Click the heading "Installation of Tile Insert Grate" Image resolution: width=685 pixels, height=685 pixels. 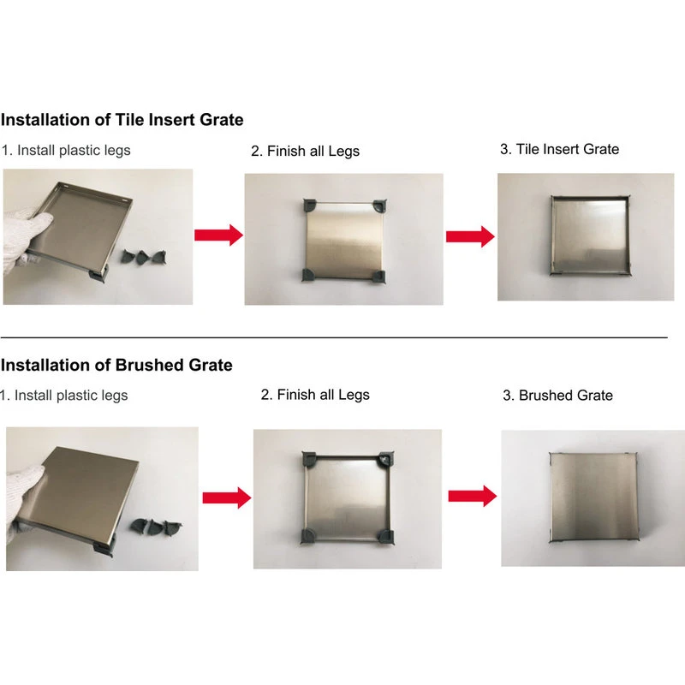point(122,120)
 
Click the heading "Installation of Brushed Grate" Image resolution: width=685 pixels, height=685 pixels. point(116,365)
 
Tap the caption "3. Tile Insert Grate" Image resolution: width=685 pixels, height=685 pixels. point(560,149)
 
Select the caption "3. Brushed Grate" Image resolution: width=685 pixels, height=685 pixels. point(558,395)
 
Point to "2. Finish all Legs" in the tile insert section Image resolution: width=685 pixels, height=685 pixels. point(306,152)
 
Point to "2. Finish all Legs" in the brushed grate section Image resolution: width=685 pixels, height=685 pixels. point(315,395)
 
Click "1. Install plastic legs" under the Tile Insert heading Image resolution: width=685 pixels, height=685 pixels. point(66,151)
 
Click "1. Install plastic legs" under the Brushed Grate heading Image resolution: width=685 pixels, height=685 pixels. point(63,396)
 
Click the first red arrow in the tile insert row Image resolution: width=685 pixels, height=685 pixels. point(219,235)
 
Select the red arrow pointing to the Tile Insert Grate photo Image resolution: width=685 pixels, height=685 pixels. point(470,236)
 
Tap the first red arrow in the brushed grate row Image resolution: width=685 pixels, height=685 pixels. point(227,497)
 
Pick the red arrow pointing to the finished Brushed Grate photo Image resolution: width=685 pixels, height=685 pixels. point(473,496)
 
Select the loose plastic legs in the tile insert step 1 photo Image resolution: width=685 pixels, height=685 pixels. point(144,257)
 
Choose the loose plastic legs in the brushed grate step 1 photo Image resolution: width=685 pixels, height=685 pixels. point(156,527)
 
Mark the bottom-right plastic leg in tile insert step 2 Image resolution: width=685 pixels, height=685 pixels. point(378,276)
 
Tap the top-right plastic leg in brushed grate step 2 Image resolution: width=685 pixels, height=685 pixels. point(387,459)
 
